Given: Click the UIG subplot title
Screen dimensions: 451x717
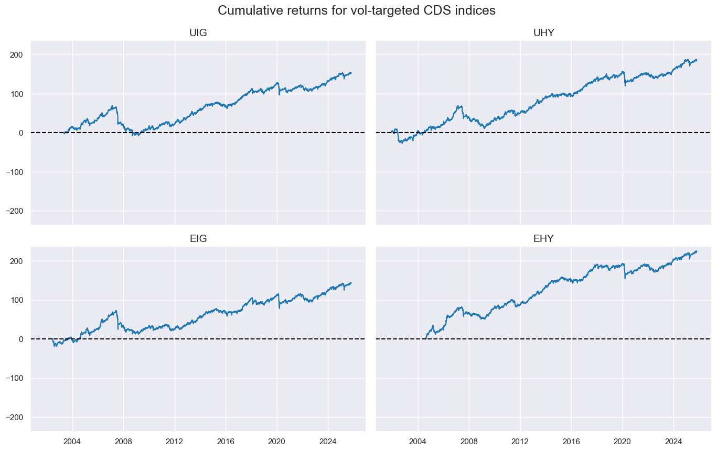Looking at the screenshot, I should (198, 33).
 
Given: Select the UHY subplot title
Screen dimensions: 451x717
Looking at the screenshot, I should (543, 33).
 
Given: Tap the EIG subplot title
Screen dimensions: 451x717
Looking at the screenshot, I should (198, 239).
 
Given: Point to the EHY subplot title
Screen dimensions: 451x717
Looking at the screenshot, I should (543, 239).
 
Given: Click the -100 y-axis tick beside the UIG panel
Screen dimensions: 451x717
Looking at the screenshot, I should (16, 172).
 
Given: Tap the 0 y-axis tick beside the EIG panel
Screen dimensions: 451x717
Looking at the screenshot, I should (23, 339).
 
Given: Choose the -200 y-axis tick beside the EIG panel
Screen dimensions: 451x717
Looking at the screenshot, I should (16, 417).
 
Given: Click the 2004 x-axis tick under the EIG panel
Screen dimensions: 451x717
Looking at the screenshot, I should (72, 441).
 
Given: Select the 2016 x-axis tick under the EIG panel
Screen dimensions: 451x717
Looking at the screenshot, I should (226, 441).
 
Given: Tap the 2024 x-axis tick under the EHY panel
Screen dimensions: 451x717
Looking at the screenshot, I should (673, 441).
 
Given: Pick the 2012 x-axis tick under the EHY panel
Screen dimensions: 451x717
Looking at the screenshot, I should (520, 441).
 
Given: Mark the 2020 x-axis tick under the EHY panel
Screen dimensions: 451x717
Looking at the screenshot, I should (623, 441).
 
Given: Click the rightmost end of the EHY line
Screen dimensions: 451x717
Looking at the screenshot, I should (697, 251).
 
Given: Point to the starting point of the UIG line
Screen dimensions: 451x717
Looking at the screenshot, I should (63, 133).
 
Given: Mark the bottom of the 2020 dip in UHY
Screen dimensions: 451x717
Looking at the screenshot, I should (625, 85).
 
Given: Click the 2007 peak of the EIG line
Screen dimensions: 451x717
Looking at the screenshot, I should (116, 311).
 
